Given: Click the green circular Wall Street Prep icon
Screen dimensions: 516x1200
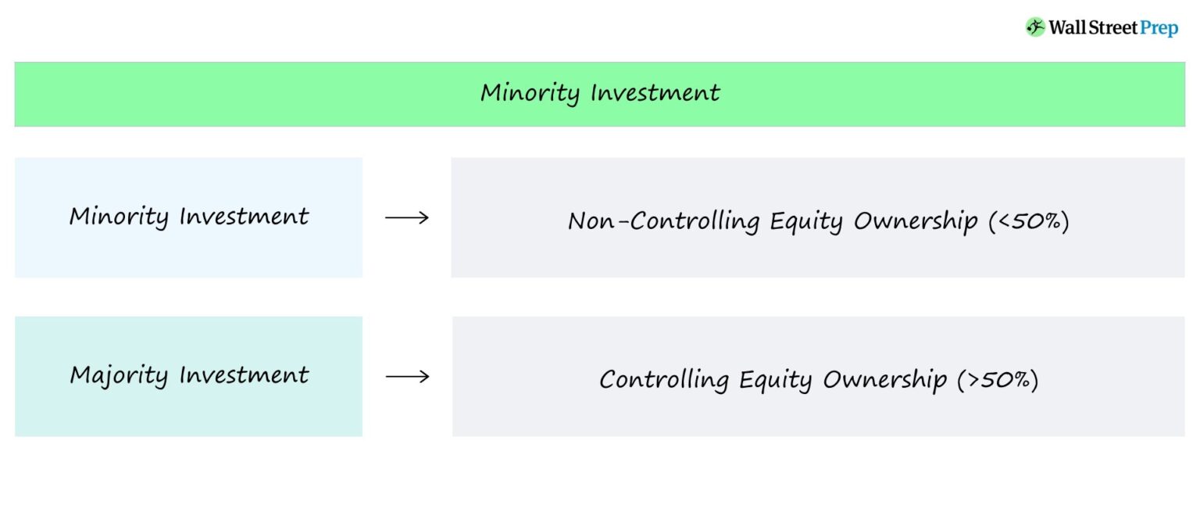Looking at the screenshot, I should pos(1035,27).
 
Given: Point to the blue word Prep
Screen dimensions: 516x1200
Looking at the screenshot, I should pos(1159,28).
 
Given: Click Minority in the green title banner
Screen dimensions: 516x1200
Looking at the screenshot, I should pos(530,93).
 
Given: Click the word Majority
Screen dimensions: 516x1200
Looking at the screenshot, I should pos(119,376).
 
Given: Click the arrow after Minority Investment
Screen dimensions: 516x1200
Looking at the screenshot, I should pos(407,217).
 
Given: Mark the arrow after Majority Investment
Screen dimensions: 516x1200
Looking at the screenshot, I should pos(407,377).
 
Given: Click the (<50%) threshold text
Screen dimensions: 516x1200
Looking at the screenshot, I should pos(1028,222).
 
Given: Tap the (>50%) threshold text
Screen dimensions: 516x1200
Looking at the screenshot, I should pos(998,381).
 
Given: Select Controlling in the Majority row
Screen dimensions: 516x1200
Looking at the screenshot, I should pos(663,381).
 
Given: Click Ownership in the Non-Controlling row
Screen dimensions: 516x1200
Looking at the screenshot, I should pos(915,222).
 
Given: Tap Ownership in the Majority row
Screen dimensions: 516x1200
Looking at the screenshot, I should pos(884,381).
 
